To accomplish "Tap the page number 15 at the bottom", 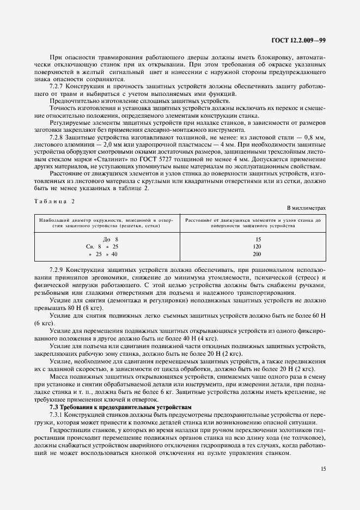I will coord(322,467).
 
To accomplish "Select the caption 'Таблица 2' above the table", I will coord(53,201).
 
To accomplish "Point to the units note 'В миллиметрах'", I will coord(306,208).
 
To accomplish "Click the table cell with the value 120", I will coord(258,246).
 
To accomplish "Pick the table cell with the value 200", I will coord(258,254).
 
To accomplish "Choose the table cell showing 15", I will coord(258,239).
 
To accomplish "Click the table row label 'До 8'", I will coord(110,239).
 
